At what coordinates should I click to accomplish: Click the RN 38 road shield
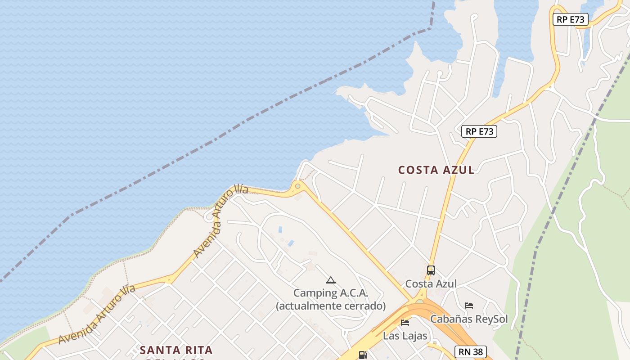[471, 352]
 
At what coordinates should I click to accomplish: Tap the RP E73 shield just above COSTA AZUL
[479, 131]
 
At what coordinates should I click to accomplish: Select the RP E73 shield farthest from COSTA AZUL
[570, 19]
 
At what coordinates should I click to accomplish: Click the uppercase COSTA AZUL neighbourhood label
[436, 170]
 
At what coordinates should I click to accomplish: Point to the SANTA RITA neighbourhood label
[176, 350]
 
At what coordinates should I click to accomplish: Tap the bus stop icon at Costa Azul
[431, 270]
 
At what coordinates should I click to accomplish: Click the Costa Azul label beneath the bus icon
[431, 284]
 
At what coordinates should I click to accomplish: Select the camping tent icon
[331, 280]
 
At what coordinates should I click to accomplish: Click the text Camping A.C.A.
[331, 293]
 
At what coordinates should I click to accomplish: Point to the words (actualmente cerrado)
[331, 306]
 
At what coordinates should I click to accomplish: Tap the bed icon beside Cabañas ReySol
[469, 306]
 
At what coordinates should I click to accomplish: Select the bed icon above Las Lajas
[405, 323]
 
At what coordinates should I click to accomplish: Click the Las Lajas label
[405, 336]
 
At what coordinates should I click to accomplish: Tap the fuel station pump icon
[363, 355]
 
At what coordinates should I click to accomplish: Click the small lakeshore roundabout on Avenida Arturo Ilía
[297, 186]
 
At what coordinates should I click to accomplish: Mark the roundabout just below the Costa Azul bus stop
[420, 301]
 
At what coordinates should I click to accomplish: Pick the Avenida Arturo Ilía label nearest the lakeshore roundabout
[220, 220]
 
